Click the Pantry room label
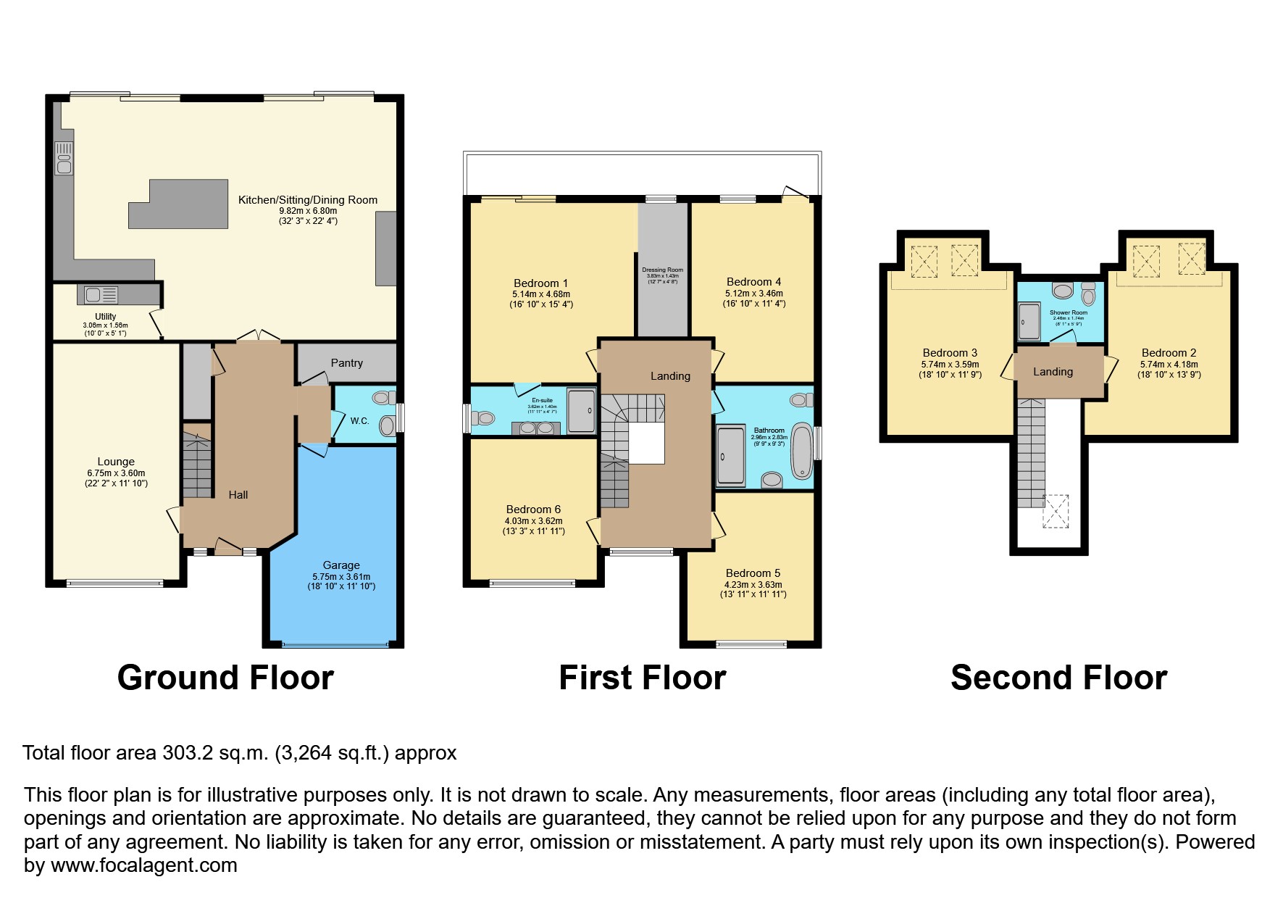pos(346,363)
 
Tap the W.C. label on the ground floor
pos(360,420)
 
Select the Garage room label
pos(341,565)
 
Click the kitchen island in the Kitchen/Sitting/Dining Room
pos(178,204)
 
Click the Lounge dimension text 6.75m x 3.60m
pos(116,473)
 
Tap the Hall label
pos(238,495)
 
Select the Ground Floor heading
pos(225,678)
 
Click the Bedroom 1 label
pos(540,283)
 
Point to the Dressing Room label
pos(662,270)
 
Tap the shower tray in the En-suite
pos(581,411)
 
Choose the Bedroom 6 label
pos(533,510)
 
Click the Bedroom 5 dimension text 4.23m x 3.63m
pos(753,584)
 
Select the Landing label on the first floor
pos(670,376)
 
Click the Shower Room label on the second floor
pos(1068,312)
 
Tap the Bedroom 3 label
pos(950,353)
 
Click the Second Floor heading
pos(1058,678)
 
